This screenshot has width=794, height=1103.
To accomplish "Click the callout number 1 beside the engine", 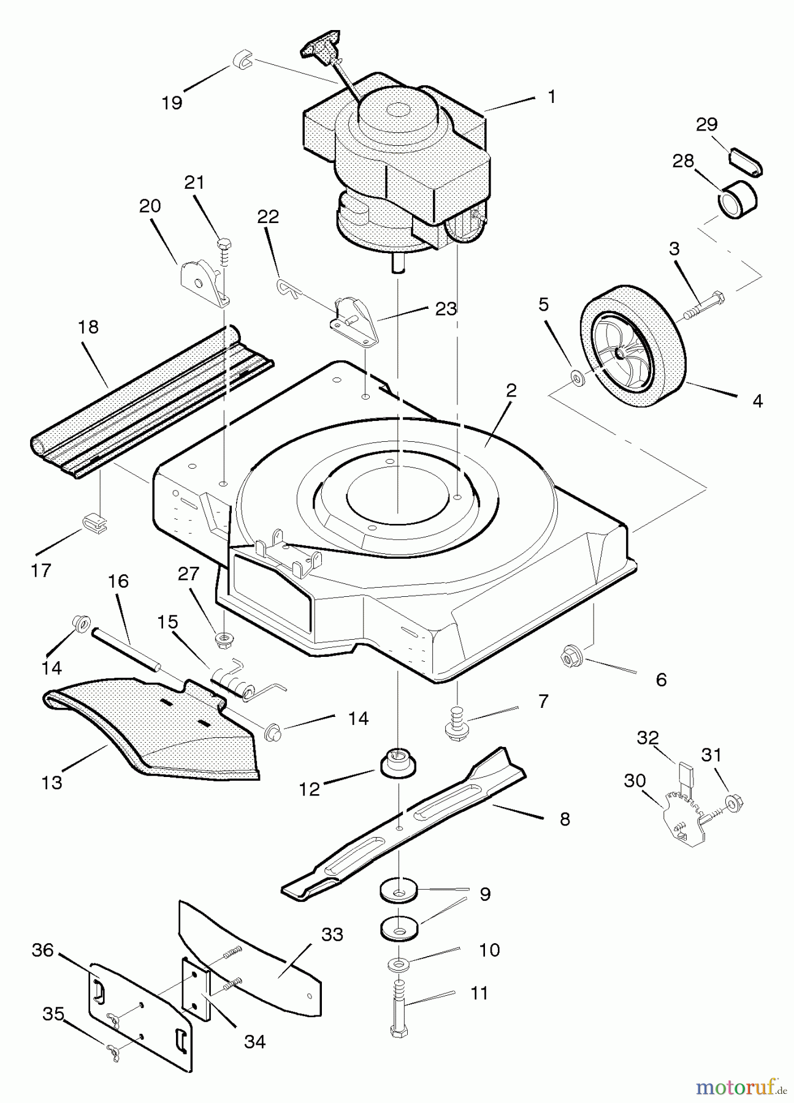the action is [552, 97].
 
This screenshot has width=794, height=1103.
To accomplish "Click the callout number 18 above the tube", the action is [89, 327].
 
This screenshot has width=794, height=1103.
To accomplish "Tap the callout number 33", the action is [332, 934].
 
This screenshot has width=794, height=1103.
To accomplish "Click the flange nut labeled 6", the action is [570, 658].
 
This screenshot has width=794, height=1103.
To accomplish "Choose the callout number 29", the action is [706, 124].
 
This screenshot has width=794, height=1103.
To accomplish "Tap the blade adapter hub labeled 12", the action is [399, 762].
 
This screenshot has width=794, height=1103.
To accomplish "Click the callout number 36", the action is [43, 950].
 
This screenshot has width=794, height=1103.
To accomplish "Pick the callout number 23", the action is [446, 309].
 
